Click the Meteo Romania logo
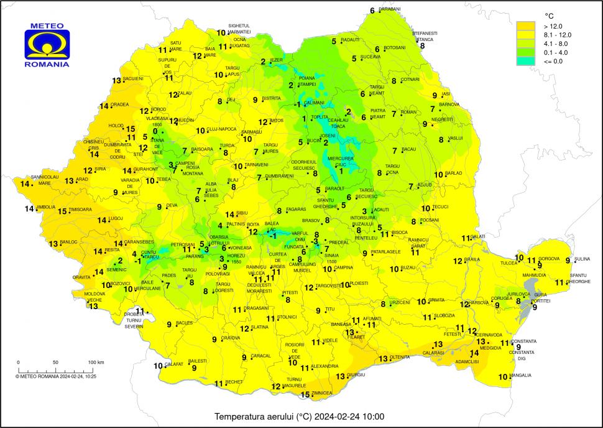[47, 44]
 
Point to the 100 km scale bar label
[95, 362]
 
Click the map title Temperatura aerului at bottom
[300, 416]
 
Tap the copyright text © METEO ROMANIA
[55, 376]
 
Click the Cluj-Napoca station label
[221, 129]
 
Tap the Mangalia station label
[520, 375]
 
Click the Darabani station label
[390, 9]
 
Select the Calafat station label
[176, 365]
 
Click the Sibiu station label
[242, 213]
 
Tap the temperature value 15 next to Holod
[131, 129]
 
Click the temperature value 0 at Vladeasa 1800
[155, 131]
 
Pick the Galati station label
[479, 237]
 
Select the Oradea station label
[119, 105]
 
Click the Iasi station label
[445, 94]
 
